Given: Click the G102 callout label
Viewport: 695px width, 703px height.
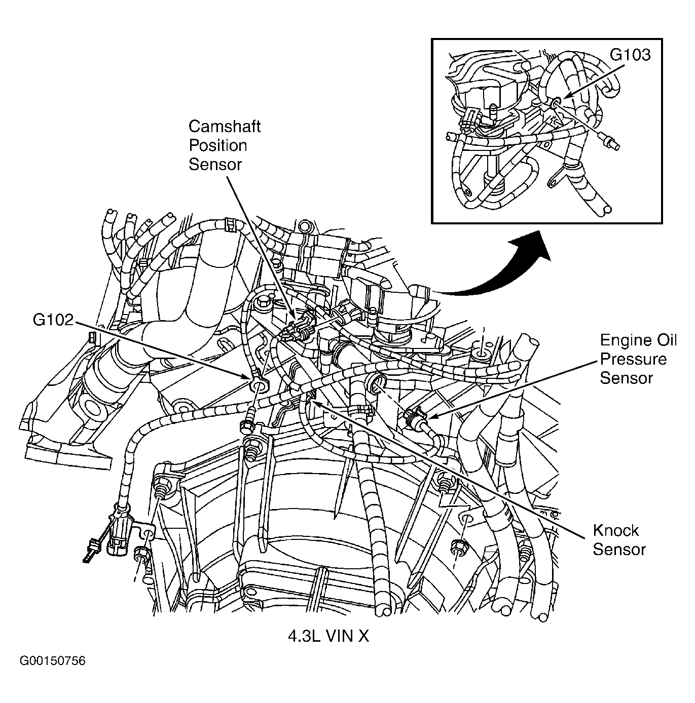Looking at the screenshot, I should point(53,320).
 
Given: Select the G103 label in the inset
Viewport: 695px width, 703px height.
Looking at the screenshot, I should point(630,55).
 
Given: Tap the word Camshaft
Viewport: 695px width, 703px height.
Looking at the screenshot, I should point(224,126).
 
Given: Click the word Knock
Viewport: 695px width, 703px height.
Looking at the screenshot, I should point(615,530).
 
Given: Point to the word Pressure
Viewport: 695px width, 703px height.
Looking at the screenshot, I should point(633,359).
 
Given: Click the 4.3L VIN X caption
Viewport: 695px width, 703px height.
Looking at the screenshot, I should point(328,636).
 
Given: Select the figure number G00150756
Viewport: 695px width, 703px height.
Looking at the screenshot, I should point(53,661).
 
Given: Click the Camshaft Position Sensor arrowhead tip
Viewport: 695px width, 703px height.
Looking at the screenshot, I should point(294,318).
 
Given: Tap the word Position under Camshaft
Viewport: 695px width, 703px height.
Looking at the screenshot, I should point(217,145).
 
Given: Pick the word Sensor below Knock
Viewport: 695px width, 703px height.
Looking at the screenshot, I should point(619,550).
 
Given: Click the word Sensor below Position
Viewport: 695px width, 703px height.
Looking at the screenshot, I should point(215,165).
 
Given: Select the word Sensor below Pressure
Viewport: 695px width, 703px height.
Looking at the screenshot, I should point(626,378).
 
